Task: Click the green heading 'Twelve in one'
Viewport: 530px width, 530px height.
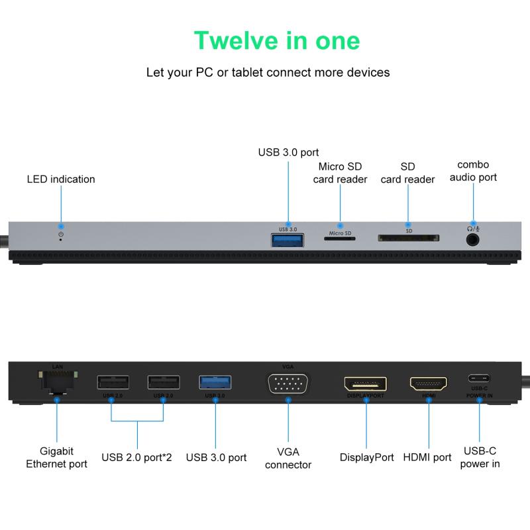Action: (277, 40)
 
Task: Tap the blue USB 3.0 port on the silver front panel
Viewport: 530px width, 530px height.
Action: (288, 240)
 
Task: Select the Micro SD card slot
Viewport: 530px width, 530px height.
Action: (340, 238)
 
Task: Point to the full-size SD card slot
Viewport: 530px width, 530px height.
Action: (408, 238)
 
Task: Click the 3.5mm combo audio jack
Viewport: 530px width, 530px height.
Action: (472, 240)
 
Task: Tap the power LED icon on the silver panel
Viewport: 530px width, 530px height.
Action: (61, 235)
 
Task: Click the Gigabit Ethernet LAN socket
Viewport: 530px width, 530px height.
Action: (58, 382)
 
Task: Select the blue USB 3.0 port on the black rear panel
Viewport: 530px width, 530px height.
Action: (215, 383)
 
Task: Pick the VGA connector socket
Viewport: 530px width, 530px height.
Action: (288, 384)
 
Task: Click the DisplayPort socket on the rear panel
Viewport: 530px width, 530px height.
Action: (366, 384)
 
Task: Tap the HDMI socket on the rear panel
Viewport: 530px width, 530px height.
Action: (428, 384)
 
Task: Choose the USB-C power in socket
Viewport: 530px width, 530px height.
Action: (479, 378)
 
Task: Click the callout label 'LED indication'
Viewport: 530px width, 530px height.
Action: (61, 179)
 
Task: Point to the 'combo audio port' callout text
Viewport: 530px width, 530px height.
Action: (473, 171)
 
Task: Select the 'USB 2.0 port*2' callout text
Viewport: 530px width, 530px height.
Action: (136, 457)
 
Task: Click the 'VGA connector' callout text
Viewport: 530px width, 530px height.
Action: (288, 458)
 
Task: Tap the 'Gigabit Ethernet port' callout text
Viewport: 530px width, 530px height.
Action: (56, 457)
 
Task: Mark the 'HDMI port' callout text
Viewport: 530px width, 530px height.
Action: (427, 457)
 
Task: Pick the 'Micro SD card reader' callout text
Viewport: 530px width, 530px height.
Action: (340, 173)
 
